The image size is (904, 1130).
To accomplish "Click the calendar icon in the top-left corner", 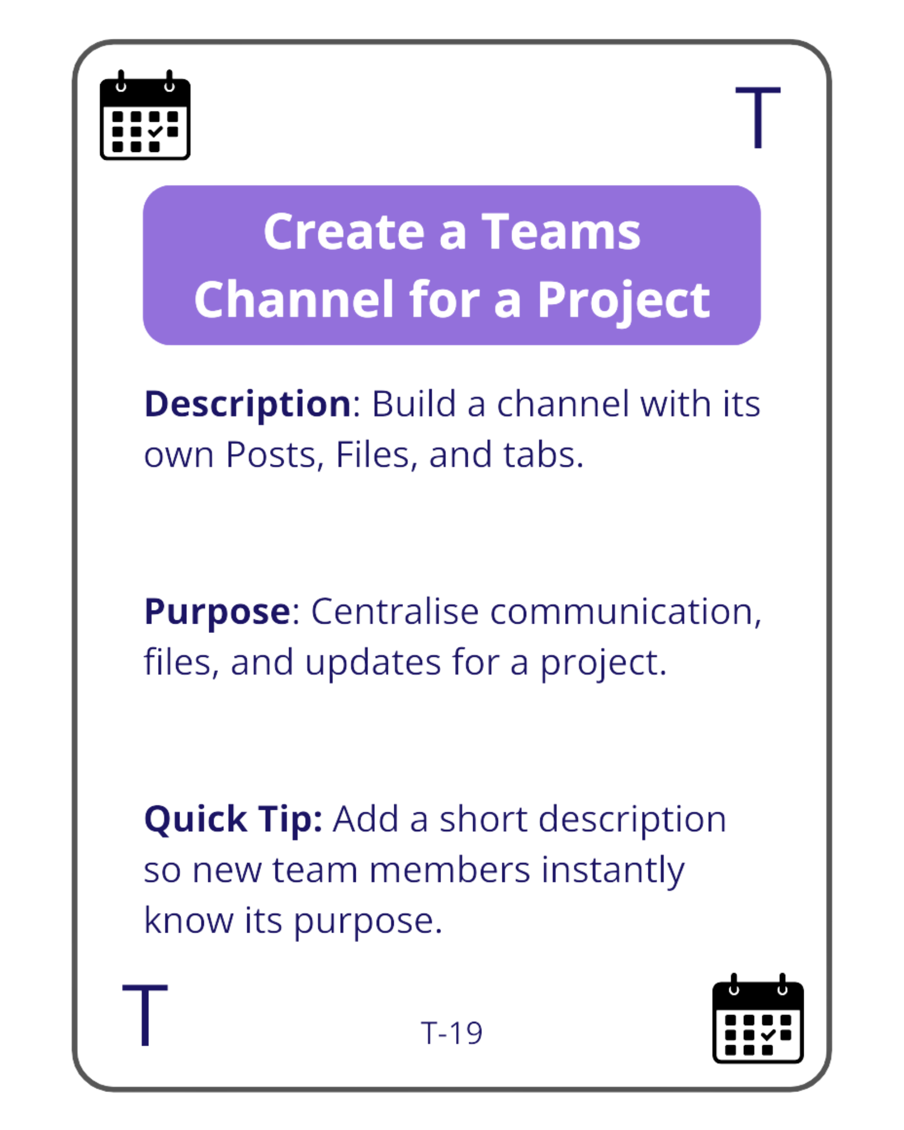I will [x=145, y=115].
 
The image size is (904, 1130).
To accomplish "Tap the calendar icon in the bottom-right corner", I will [x=757, y=1018].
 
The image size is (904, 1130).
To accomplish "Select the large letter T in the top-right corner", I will [x=757, y=117].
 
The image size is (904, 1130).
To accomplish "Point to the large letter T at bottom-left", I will [x=145, y=1015].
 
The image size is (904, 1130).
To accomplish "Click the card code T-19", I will [x=451, y=1033].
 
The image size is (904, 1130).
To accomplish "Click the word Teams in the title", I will [x=561, y=232].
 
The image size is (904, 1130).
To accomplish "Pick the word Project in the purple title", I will [x=623, y=300].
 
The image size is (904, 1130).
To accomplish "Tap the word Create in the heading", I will [x=344, y=232].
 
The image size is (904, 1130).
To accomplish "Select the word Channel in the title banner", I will [x=294, y=300].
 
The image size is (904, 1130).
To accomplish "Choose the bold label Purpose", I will [x=217, y=612].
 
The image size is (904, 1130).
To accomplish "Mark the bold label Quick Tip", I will [x=233, y=819].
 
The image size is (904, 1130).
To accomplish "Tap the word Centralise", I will [x=395, y=612].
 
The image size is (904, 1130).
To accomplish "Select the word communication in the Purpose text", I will [x=625, y=612].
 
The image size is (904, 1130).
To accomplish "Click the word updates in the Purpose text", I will [x=373, y=663].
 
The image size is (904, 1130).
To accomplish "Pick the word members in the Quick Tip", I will [x=450, y=870].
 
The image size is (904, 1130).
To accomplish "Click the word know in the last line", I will [x=188, y=920].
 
